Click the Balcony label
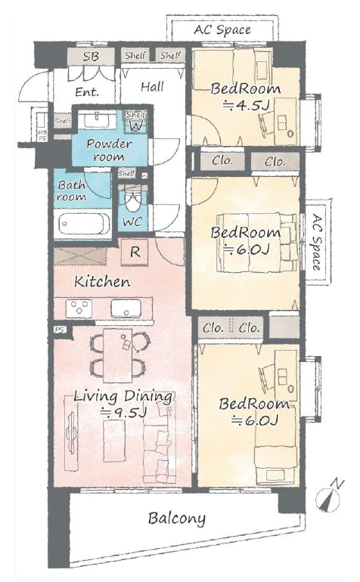pos(176,519)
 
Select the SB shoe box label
pos(91,57)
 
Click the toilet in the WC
pos(132,202)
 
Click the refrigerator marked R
pos(135,252)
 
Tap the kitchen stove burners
pos(79,308)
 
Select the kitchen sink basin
pos(126,308)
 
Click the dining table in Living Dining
pos(118,355)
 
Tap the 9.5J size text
pos(125,413)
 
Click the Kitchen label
pos(102,282)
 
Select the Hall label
pos(152,87)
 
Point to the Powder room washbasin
pos(96,120)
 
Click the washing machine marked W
pos(135,126)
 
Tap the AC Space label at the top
pos(222,29)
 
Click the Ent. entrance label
pos(87,91)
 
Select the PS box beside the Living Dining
pos(59,330)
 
